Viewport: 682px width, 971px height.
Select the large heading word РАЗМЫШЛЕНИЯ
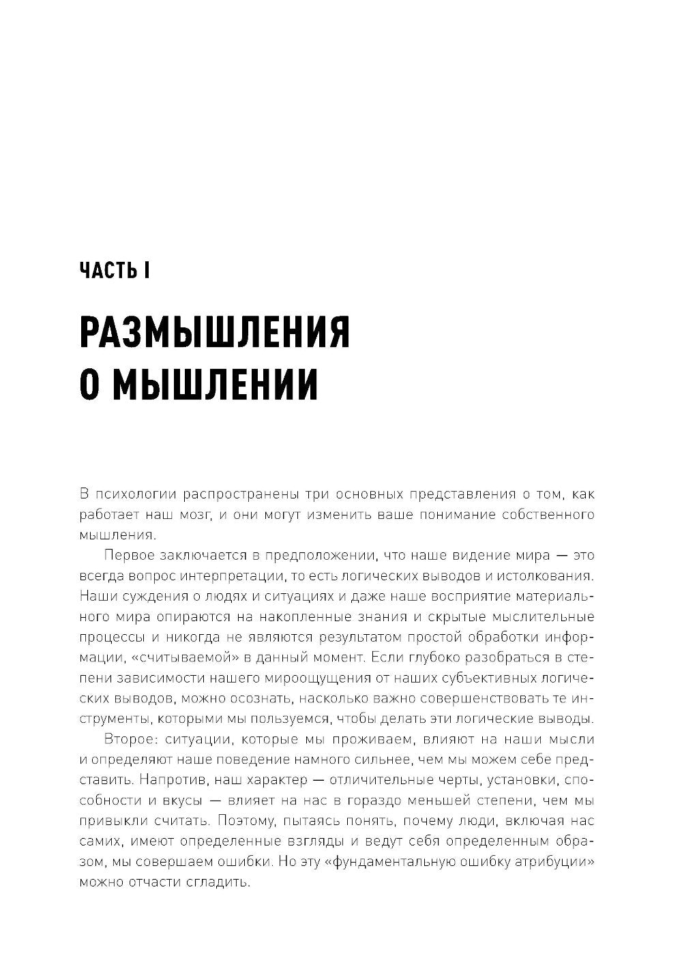point(215,333)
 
